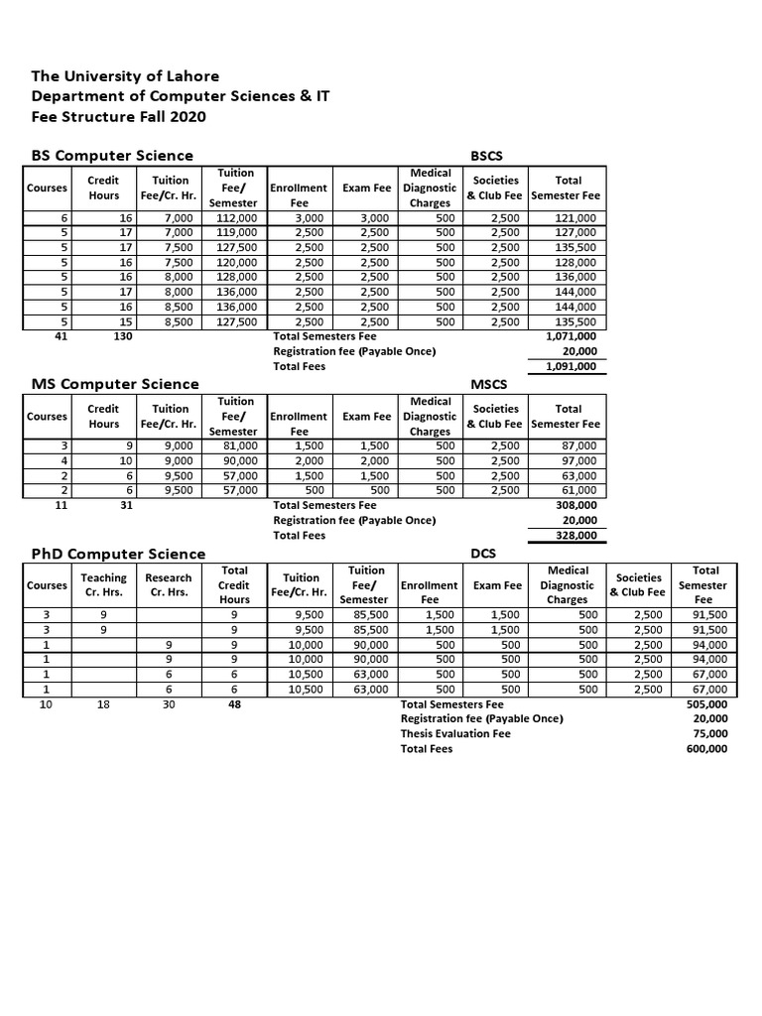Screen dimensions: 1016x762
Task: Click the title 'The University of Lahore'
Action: coord(126,76)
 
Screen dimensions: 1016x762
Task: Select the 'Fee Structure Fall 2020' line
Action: coord(119,116)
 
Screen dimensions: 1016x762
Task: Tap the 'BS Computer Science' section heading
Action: coord(112,156)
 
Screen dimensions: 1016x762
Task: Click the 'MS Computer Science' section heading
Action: coord(115,384)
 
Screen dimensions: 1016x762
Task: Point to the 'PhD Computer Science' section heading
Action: coord(119,554)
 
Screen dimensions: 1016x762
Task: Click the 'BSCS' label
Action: coord(488,157)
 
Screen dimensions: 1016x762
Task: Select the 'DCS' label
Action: coord(482,555)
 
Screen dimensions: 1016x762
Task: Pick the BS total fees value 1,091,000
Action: coord(571,366)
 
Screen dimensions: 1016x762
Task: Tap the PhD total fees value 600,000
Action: coord(706,749)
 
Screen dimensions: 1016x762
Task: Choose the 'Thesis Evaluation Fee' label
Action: coord(455,733)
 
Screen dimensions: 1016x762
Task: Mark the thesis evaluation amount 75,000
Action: coord(710,733)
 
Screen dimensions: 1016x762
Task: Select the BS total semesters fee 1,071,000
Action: coord(571,336)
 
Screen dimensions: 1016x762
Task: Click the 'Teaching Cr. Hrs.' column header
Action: coord(104,585)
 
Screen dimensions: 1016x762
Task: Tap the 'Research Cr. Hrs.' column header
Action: coord(168,585)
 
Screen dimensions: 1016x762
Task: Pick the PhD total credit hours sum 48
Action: coord(234,703)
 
